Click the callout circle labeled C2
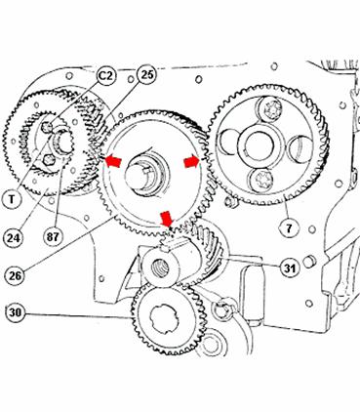click(106, 76)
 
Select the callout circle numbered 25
click(147, 75)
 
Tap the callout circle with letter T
click(12, 198)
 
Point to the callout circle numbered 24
click(14, 238)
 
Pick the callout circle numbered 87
click(53, 236)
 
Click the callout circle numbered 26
click(15, 275)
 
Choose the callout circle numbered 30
click(15, 312)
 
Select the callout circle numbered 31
click(290, 268)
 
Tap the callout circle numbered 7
click(289, 228)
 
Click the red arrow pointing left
click(112, 161)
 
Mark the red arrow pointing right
click(192, 161)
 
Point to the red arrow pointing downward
click(167, 219)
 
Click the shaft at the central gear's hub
click(140, 177)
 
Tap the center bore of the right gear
click(260, 146)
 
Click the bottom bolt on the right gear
click(260, 180)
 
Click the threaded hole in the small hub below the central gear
click(161, 268)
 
